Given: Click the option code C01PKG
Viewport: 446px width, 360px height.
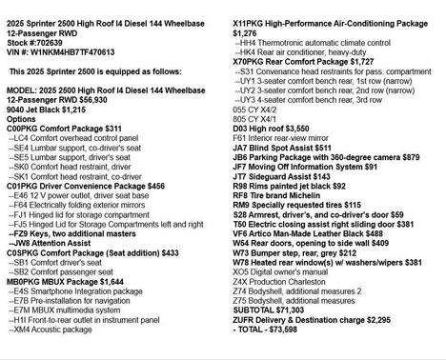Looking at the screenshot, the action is [23, 187].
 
